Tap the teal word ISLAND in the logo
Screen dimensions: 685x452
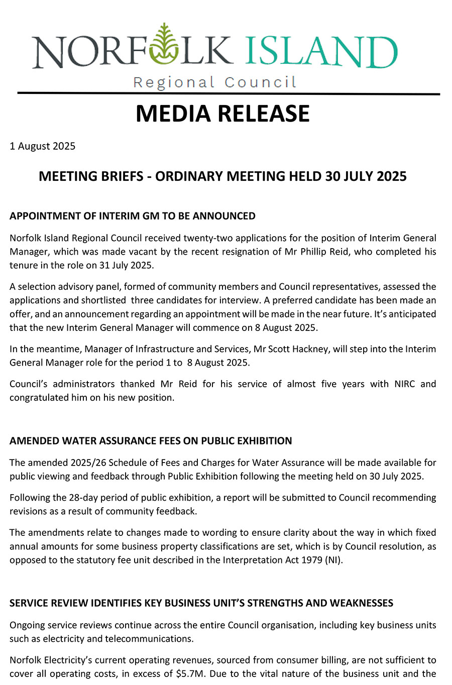pyautogui.click(x=321, y=52)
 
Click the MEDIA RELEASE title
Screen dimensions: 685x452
pyautogui.click(x=222, y=113)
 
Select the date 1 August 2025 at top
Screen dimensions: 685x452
pyautogui.click(x=43, y=146)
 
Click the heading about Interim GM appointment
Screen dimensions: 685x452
pyautogui.click(x=133, y=216)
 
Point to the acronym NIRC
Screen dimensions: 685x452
pyautogui.click(x=404, y=384)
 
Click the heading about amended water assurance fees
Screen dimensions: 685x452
pyautogui.click(x=151, y=441)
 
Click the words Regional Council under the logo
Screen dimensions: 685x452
pyautogui.click(x=215, y=82)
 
